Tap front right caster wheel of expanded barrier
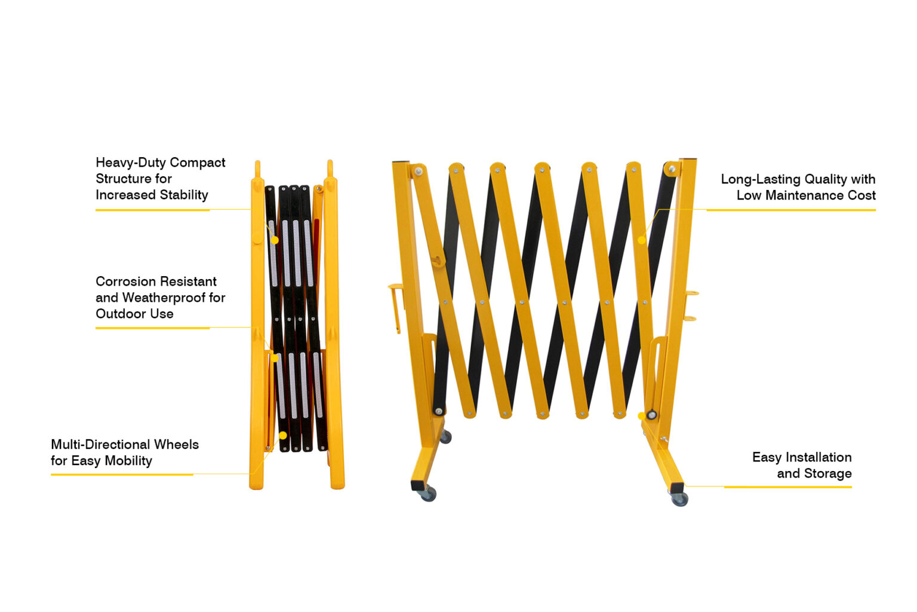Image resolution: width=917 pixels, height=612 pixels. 680,499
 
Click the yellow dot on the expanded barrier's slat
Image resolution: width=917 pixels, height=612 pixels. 641,240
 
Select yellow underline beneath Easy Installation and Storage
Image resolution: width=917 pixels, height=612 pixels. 787,487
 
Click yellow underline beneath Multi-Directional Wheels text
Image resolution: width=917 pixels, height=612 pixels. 122,475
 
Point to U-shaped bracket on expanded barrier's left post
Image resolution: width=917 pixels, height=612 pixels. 395,305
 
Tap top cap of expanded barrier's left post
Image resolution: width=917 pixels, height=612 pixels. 401,162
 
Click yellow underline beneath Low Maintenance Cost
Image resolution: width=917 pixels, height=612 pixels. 790,210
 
